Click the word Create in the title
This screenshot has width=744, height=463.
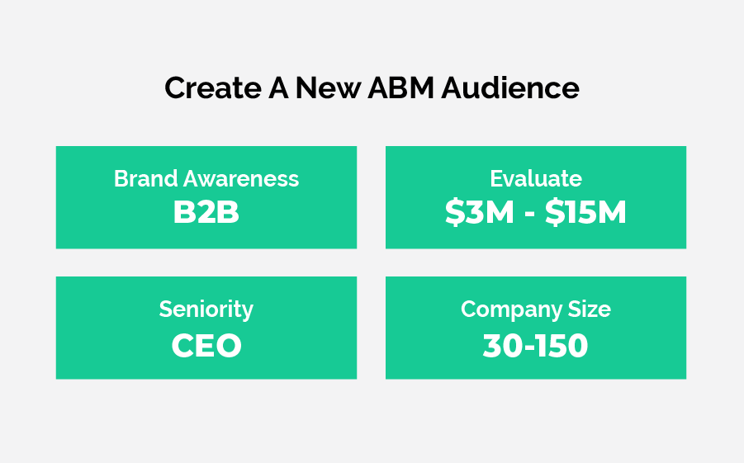pyautogui.click(x=213, y=87)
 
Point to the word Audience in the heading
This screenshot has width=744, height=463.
pyautogui.click(x=510, y=87)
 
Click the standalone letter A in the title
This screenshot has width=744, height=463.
pyautogui.click(x=278, y=87)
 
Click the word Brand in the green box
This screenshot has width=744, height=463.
pyautogui.click(x=145, y=179)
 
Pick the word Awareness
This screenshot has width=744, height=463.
pyautogui.click(x=241, y=179)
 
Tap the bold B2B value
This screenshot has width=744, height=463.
pyautogui.click(x=206, y=212)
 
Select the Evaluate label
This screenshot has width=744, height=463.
pyautogui.click(x=536, y=179)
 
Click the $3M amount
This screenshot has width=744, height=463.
pyautogui.click(x=480, y=212)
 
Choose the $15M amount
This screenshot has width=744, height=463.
pyautogui.click(x=585, y=212)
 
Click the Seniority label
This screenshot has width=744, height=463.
pyautogui.click(x=206, y=309)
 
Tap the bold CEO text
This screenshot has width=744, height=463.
pyautogui.click(x=206, y=345)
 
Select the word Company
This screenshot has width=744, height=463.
pyautogui.click(x=511, y=309)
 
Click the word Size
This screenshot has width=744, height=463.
pyautogui.click(x=590, y=309)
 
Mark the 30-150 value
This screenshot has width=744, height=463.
pyautogui.click(x=535, y=345)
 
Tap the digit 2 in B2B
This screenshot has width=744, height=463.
pyautogui.click(x=206, y=212)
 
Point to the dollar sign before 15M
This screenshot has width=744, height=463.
pyautogui.click(x=555, y=212)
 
